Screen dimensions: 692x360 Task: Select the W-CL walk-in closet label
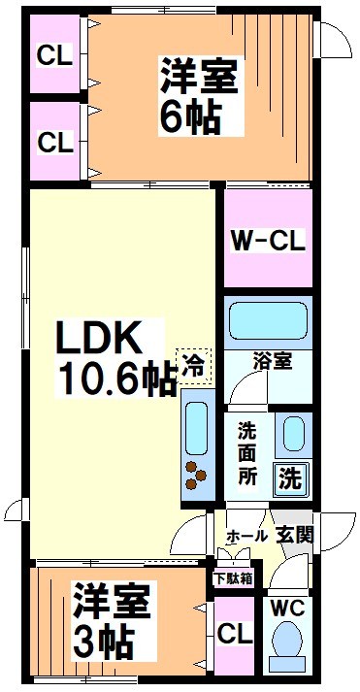(268, 239)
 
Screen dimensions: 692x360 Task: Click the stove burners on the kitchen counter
(196, 475)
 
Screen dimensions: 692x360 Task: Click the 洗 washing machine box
(290, 477)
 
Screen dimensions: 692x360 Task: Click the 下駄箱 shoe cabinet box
(233, 577)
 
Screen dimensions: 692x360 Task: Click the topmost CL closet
(54, 55)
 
